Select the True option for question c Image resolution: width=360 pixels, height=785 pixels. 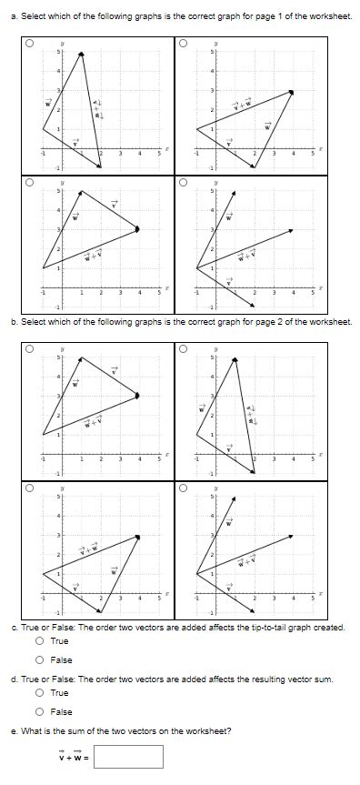coord(41,641)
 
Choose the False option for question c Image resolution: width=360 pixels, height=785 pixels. coord(41,660)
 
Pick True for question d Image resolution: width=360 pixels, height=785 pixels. coord(41,693)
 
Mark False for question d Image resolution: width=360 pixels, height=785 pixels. coord(41,712)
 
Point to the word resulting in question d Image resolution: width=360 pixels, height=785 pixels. coord(257,679)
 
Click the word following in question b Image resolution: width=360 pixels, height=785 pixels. coord(108,322)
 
